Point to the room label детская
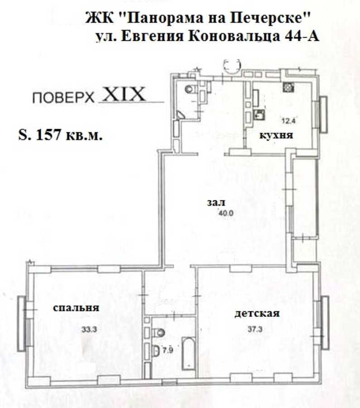pos(257,313)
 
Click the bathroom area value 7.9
pos(168,350)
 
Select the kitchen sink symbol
pos(260,114)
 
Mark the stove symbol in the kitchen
pos(287,87)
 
